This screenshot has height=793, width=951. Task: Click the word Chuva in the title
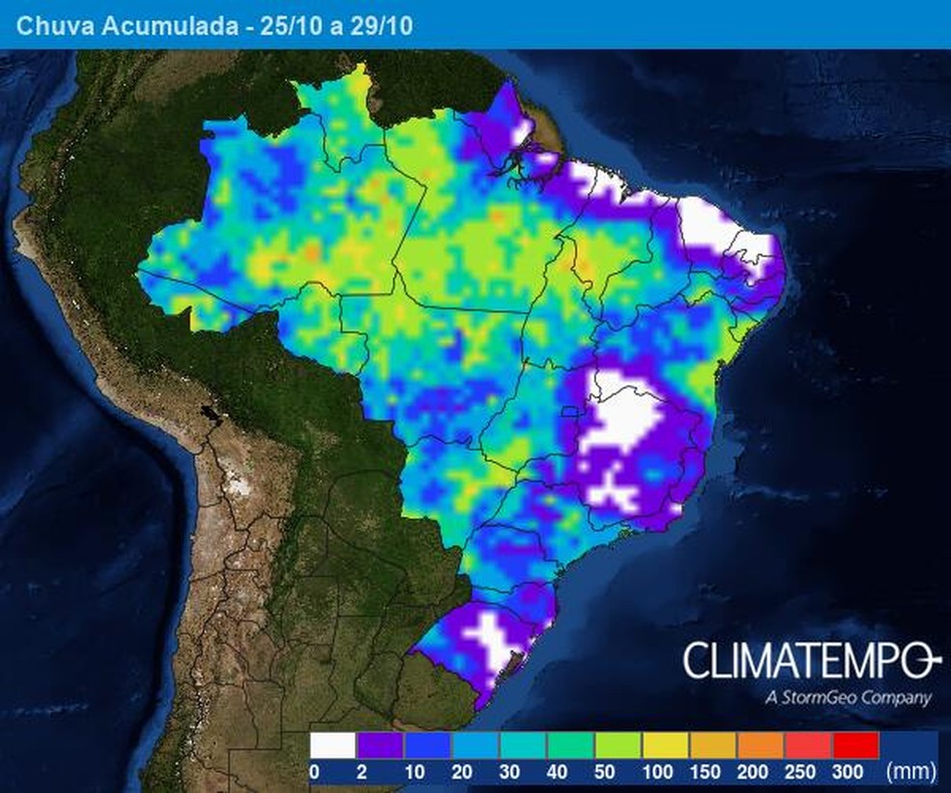(49, 26)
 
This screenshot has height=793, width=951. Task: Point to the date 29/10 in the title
(382, 26)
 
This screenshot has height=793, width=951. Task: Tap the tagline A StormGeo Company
(847, 697)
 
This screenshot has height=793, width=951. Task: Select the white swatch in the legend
(332, 746)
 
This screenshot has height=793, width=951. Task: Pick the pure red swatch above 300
(854, 746)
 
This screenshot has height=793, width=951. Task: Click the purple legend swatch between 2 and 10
(380, 746)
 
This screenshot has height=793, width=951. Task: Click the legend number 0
(314, 772)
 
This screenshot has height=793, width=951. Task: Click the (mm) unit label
(909, 772)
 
